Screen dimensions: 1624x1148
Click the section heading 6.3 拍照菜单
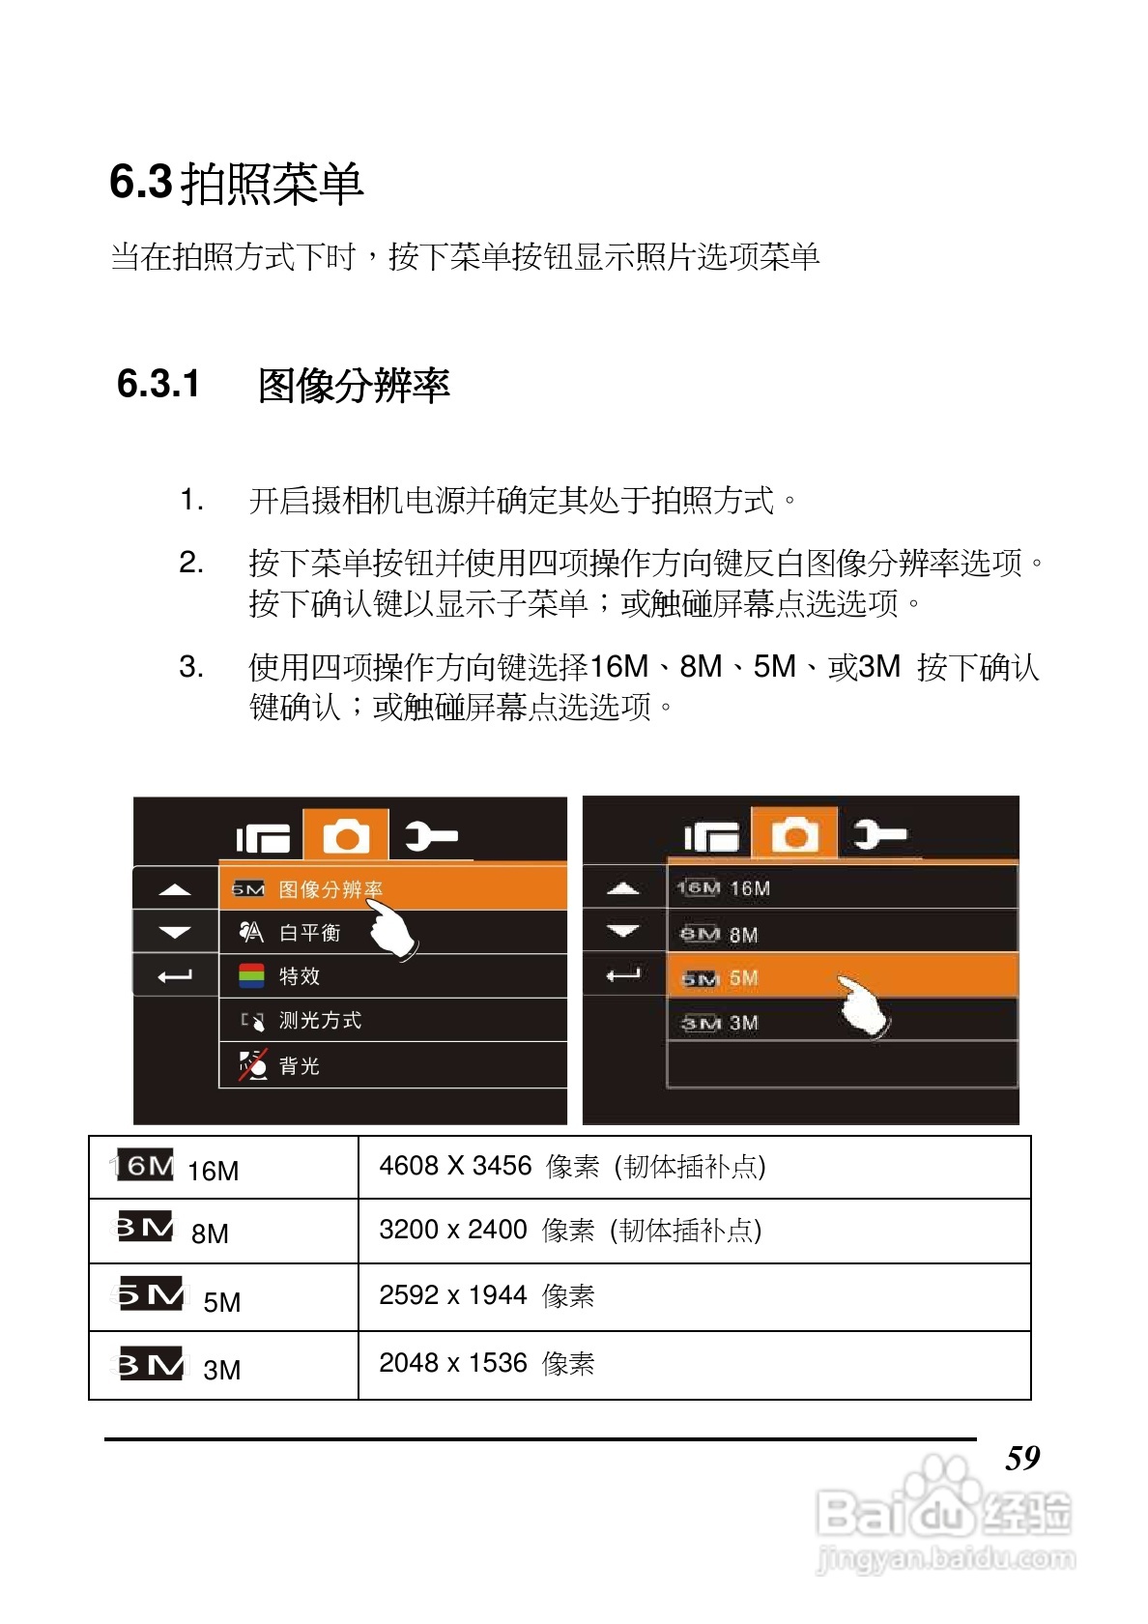point(236,184)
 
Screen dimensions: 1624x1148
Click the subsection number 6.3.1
point(158,385)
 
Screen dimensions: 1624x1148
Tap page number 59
point(1022,1458)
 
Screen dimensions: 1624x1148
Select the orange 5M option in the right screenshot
point(841,977)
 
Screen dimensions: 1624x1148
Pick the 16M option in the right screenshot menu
point(841,888)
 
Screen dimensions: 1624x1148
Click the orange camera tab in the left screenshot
point(346,835)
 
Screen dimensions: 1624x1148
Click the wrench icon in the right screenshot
point(880,833)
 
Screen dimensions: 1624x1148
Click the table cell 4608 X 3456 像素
point(572,1167)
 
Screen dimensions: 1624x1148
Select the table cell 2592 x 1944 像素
point(486,1295)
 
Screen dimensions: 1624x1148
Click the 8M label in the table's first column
point(210,1234)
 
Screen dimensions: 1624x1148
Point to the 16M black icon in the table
point(145,1166)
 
